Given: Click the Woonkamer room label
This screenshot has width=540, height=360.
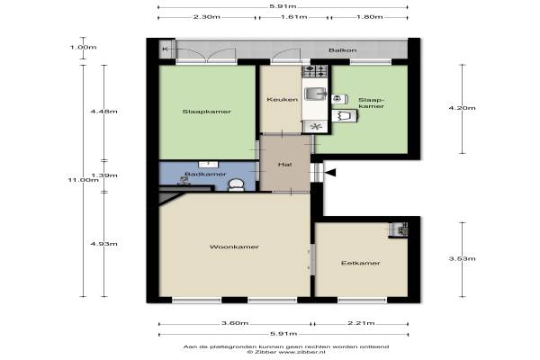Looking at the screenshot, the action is (234, 247).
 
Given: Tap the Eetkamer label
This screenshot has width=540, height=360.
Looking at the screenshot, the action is (361, 263).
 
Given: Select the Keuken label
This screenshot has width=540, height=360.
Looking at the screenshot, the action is (282, 100).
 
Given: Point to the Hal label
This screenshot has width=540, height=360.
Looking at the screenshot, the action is (284, 165).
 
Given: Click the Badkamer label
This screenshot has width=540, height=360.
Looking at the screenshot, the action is (205, 174).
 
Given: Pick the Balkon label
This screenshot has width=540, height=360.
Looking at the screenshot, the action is (342, 50).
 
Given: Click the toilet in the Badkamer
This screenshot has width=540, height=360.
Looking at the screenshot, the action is (236, 184).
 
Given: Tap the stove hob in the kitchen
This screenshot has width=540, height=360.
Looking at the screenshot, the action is (314, 71).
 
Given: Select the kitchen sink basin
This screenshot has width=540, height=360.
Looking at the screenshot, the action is (315, 94).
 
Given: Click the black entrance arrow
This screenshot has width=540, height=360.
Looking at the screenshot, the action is (330, 173).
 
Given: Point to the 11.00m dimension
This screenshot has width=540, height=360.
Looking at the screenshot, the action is (83, 180).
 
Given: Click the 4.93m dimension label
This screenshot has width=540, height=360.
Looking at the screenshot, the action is (103, 244).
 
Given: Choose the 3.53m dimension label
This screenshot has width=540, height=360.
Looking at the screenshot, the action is (462, 258).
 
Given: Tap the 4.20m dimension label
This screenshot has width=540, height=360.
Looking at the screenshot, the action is (462, 108).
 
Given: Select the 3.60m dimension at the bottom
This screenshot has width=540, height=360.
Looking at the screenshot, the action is (235, 323).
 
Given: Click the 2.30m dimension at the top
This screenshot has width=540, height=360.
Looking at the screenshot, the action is (207, 17).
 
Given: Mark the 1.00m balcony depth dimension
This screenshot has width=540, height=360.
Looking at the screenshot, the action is (83, 47).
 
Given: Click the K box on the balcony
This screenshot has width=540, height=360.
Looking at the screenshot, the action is (165, 49).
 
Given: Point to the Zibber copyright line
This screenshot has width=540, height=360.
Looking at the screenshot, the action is (286, 352).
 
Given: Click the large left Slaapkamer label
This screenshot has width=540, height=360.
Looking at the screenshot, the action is (207, 112).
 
